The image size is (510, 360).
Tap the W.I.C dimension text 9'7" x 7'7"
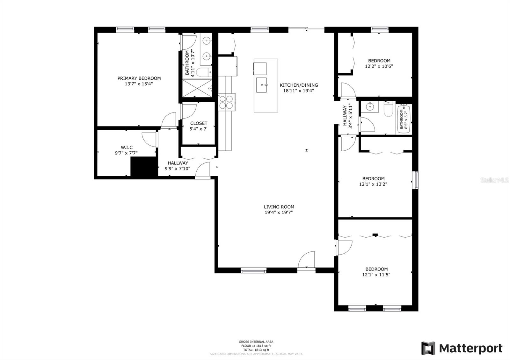126,153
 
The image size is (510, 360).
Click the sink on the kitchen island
262,85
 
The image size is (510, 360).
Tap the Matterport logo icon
428,348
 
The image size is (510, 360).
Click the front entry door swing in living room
307,260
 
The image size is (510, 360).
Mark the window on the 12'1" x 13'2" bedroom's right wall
415,180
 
